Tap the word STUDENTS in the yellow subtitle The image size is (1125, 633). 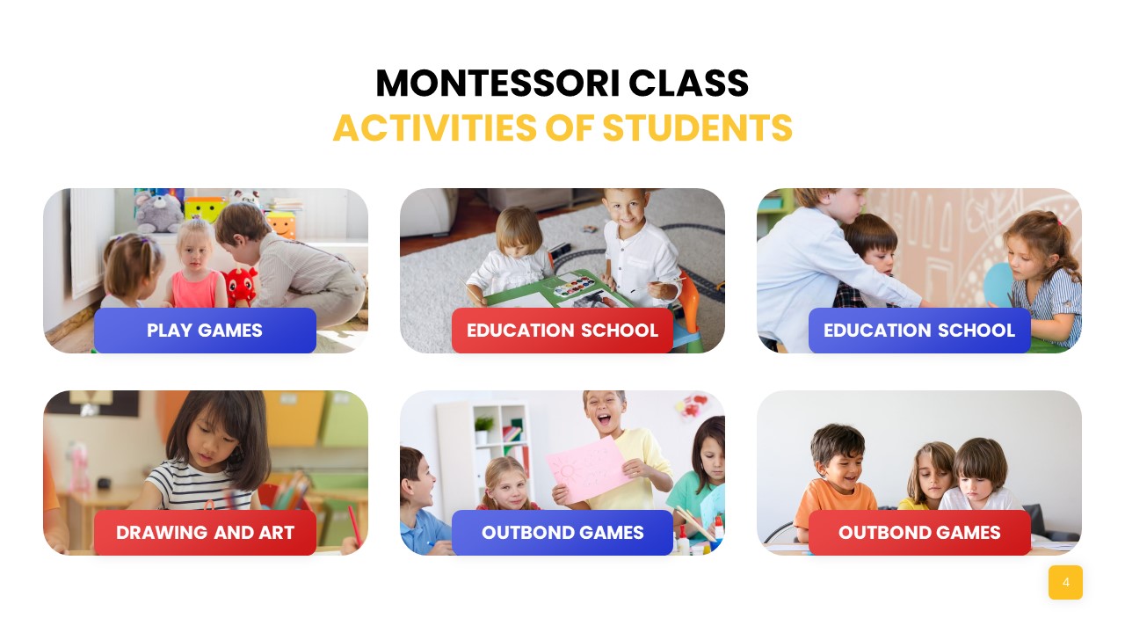(x=697, y=128)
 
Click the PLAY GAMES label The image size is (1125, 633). (x=205, y=331)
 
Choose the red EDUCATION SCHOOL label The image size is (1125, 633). (x=562, y=331)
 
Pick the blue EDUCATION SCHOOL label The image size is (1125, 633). (x=919, y=331)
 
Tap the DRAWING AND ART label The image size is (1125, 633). (x=205, y=533)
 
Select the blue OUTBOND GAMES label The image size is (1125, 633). (x=562, y=533)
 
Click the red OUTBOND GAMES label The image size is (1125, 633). (x=919, y=533)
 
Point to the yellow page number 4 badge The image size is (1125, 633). (x=1065, y=582)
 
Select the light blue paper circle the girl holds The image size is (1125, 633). (x=998, y=283)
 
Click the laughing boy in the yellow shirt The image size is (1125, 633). (x=615, y=440)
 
